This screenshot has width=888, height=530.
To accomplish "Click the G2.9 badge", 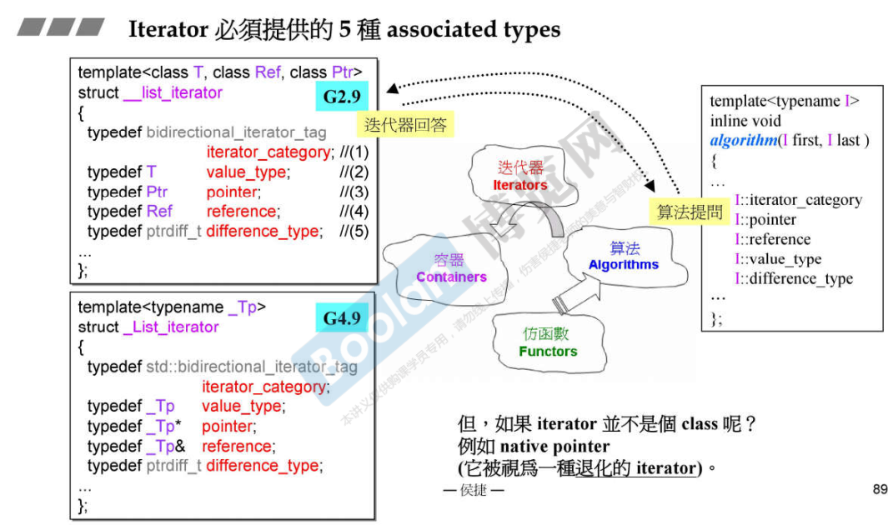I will point(342,97).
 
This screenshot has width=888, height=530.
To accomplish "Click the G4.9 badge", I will point(342,318).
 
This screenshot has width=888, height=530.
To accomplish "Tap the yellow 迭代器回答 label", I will point(406,126).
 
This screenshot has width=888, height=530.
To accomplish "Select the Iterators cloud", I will point(519,176).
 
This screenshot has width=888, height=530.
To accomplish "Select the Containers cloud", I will point(450,267).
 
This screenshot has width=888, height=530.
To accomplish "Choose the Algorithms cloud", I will point(624,256).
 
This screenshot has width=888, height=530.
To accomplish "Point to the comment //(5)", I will point(354,231).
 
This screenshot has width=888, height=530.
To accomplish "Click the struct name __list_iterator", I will point(173,92).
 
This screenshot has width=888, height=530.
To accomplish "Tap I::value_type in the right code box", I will point(778,259).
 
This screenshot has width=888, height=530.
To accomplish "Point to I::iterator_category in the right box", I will point(798,200).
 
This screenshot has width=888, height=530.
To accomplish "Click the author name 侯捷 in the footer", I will point(473,490).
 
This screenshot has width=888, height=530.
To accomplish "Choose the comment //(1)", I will point(354,152).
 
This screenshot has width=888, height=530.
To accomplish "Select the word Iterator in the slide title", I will point(168,30).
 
